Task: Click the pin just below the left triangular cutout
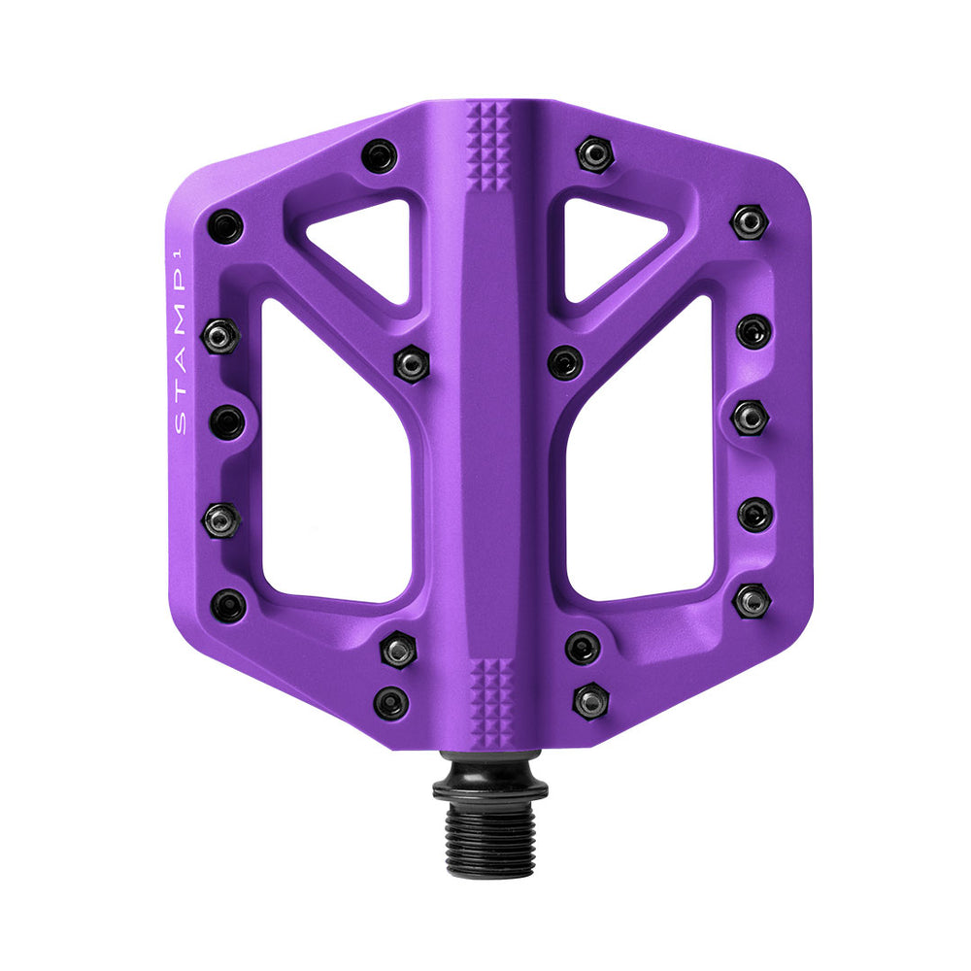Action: tap(411, 364)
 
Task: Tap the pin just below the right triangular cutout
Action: tap(564, 362)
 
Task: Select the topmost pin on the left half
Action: tap(379, 155)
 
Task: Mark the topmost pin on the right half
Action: tap(593, 153)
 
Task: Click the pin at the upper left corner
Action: tap(226, 226)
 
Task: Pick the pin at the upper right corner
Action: tap(750, 221)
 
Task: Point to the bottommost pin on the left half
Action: tap(391, 702)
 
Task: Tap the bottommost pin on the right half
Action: tap(590, 700)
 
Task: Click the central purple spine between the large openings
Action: tap(488, 437)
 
